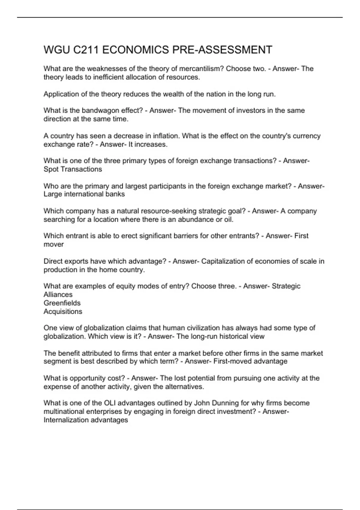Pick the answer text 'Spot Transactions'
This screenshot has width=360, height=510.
point(73,169)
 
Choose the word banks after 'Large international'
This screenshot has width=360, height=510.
point(115,194)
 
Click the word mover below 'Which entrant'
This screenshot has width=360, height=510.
point(54,244)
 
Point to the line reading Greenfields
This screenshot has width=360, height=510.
point(62,303)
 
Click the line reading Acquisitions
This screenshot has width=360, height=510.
point(63,312)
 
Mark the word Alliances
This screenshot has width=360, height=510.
point(58,295)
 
